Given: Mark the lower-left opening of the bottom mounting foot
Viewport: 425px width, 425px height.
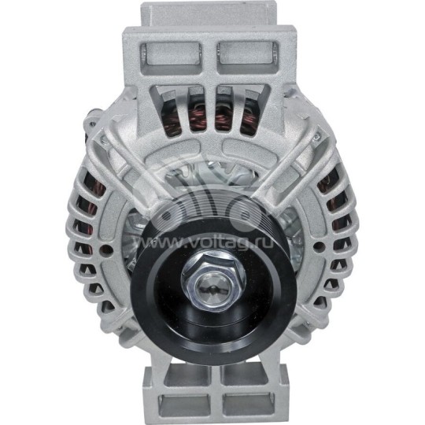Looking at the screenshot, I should (183, 405).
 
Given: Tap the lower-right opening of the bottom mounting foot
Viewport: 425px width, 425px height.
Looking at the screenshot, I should (244, 405).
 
